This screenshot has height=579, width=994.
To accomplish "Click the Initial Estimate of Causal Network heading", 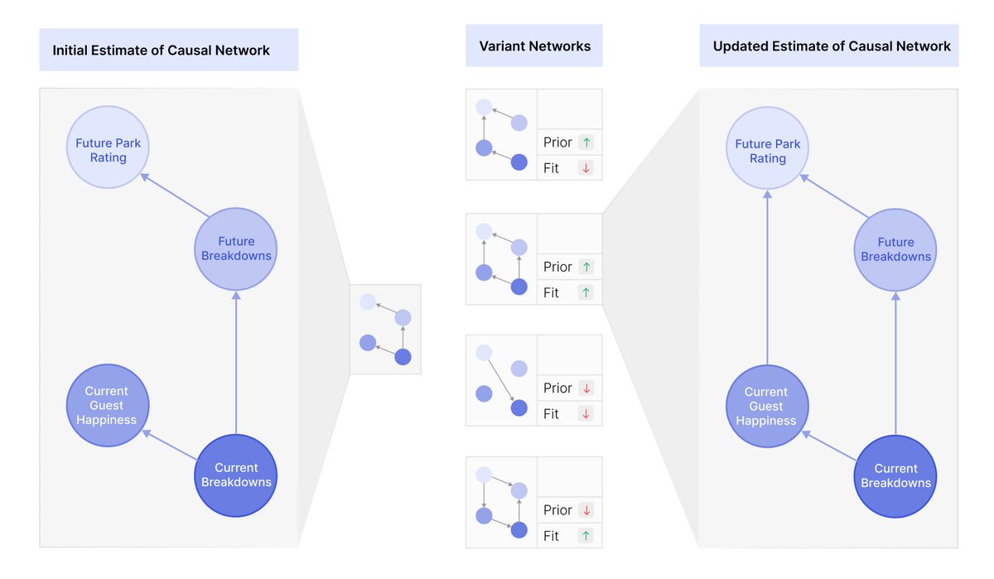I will pos(161,51).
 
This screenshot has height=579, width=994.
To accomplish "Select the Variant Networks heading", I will pos(534,46).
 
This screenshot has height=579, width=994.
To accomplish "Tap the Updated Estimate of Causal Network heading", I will pos(831,46).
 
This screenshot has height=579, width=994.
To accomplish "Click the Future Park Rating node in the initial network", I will pos(108,150).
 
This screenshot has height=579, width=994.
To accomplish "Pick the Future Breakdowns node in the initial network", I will pos(236,248).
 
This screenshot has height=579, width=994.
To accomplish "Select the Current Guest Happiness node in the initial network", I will pos(107,405).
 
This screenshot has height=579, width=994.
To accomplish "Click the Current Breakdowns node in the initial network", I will pos(236,475).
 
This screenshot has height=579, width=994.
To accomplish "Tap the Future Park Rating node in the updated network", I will pos(768,151).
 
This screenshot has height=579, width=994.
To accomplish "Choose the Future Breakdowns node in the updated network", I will pos(895,249).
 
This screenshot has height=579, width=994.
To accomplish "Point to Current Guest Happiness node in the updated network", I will pos(766,406).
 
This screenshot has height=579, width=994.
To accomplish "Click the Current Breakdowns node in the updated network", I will pos(895,475).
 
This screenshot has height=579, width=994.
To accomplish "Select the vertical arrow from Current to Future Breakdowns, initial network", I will pos(236,364).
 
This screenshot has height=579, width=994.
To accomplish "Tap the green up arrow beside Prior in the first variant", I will pos(586,142).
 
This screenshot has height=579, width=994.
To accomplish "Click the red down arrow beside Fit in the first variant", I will pos(586,168).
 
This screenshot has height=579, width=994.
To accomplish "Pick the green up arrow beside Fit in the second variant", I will pos(586,292).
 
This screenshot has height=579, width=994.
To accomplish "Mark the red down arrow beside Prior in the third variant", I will pos(586,388).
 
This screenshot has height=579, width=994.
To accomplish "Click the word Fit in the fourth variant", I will pos(551,536).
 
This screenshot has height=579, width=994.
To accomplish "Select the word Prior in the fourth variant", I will pos(557,510).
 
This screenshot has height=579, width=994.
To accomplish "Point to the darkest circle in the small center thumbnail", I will pos(403,357).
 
